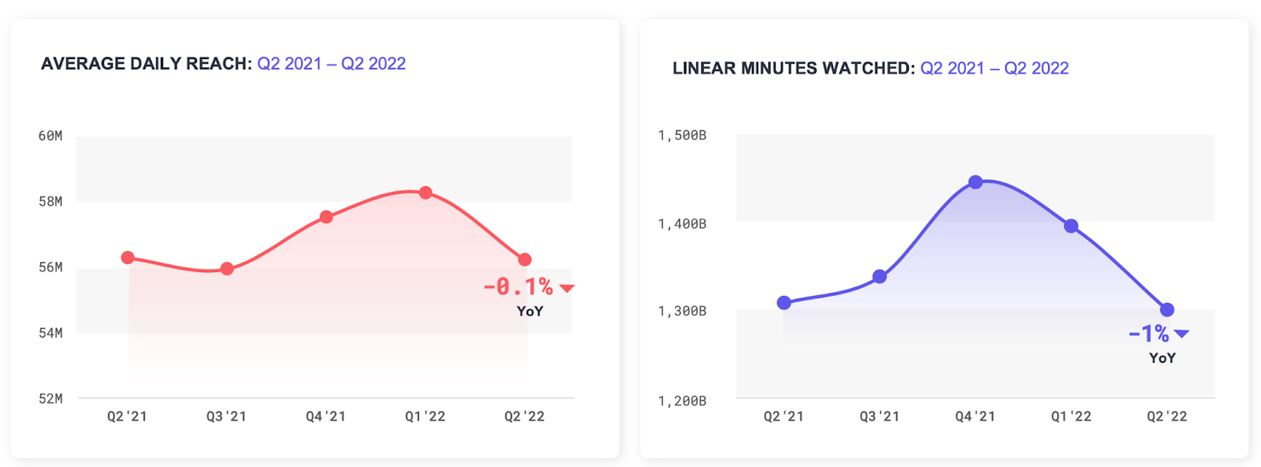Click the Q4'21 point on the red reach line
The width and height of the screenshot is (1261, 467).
click(326, 217)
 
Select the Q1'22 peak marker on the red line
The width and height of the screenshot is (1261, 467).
click(426, 192)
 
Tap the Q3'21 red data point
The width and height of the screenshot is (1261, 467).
click(227, 269)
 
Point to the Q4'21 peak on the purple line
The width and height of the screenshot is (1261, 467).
click(976, 182)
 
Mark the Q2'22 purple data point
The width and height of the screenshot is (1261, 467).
click(1167, 310)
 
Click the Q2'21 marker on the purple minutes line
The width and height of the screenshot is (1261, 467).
click(784, 303)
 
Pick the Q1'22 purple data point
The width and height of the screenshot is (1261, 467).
click(1071, 226)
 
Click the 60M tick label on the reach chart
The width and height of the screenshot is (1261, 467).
click(50, 136)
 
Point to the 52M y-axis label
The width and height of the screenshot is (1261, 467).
click(50, 398)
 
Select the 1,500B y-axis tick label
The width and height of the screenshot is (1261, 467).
click(682, 136)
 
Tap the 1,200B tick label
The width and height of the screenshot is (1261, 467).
click(682, 401)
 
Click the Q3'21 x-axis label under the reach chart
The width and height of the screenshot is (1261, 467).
click(226, 417)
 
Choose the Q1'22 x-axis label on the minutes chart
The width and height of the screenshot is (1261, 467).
click(1071, 417)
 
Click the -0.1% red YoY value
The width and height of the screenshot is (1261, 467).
click(518, 287)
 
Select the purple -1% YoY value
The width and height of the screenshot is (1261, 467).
click(1148, 334)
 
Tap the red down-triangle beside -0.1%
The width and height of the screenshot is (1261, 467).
click(567, 289)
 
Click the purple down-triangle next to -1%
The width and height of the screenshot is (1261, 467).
click(1181, 334)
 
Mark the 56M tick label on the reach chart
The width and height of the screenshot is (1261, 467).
click(50, 267)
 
